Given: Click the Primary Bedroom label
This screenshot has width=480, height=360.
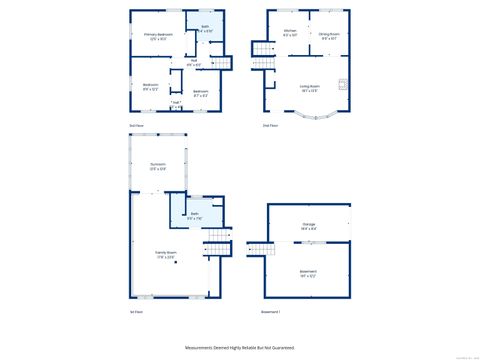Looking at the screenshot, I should pos(153,37).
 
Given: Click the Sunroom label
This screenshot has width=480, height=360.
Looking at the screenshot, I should pos(158,166).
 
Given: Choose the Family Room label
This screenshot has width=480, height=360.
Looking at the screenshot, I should pos(165,255).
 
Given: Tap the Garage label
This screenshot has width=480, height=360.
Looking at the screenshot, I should pos(309,226).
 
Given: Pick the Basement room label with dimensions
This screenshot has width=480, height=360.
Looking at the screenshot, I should pos(309,272).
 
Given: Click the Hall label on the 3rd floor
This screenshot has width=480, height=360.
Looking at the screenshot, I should pos(194,63).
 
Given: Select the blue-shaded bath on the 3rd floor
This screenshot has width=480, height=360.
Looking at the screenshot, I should pos(205,29).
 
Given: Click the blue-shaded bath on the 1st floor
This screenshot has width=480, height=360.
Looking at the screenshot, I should pos(196,216).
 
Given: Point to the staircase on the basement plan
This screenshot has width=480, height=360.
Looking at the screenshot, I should pos(258,249).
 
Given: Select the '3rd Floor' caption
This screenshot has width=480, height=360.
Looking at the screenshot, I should pos(136,125).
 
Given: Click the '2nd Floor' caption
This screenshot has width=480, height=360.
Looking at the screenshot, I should pos(270,125).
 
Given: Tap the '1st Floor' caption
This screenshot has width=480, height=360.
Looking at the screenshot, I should pos(136,313).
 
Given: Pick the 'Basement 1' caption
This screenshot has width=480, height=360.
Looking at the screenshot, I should pos(271,313).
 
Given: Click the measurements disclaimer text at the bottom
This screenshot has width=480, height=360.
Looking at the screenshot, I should pos(240,347).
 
